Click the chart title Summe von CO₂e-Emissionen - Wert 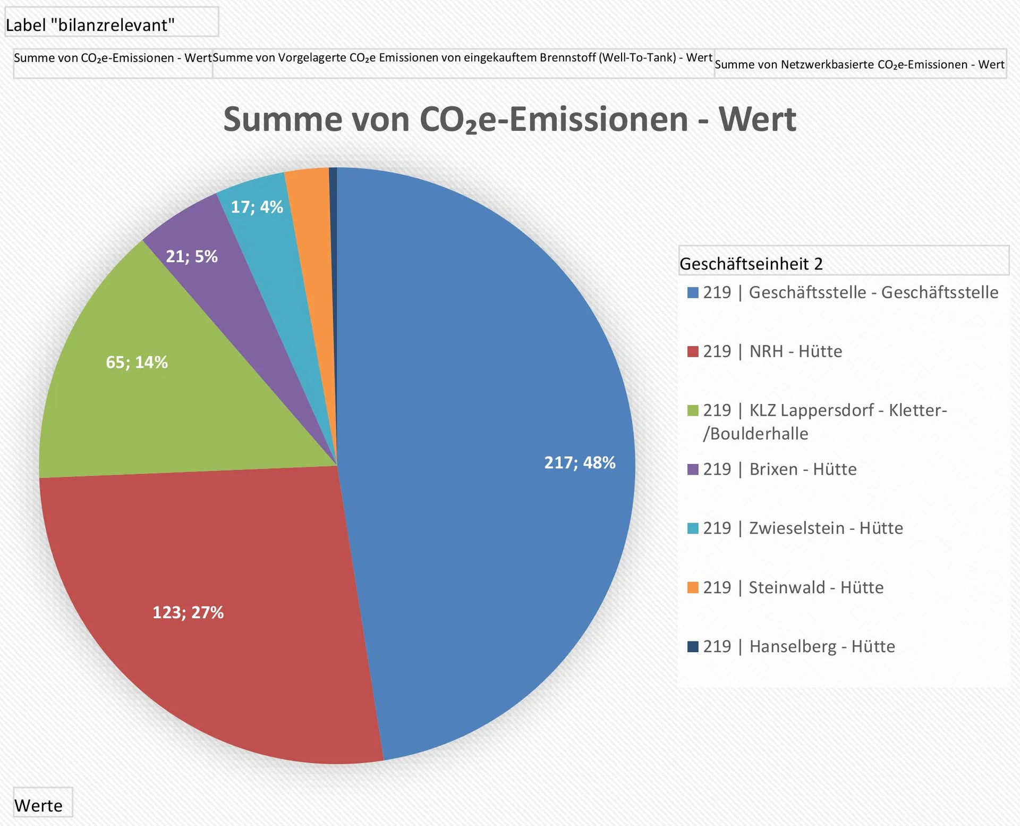tap(509, 119)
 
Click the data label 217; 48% tap(580, 462)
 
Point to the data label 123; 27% tap(188, 612)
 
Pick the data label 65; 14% tap(137, 363)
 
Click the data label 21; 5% tap(192, 256)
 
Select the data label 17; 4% tap(257, 207)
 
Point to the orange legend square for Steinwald tap(693, 587)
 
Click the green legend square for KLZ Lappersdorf tap(693, 410)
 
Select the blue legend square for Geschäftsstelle tap(693, 292)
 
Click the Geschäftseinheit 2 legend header tap(751, 264)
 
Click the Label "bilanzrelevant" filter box tap(111, 24)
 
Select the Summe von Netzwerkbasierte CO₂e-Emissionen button tap(860, 64)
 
